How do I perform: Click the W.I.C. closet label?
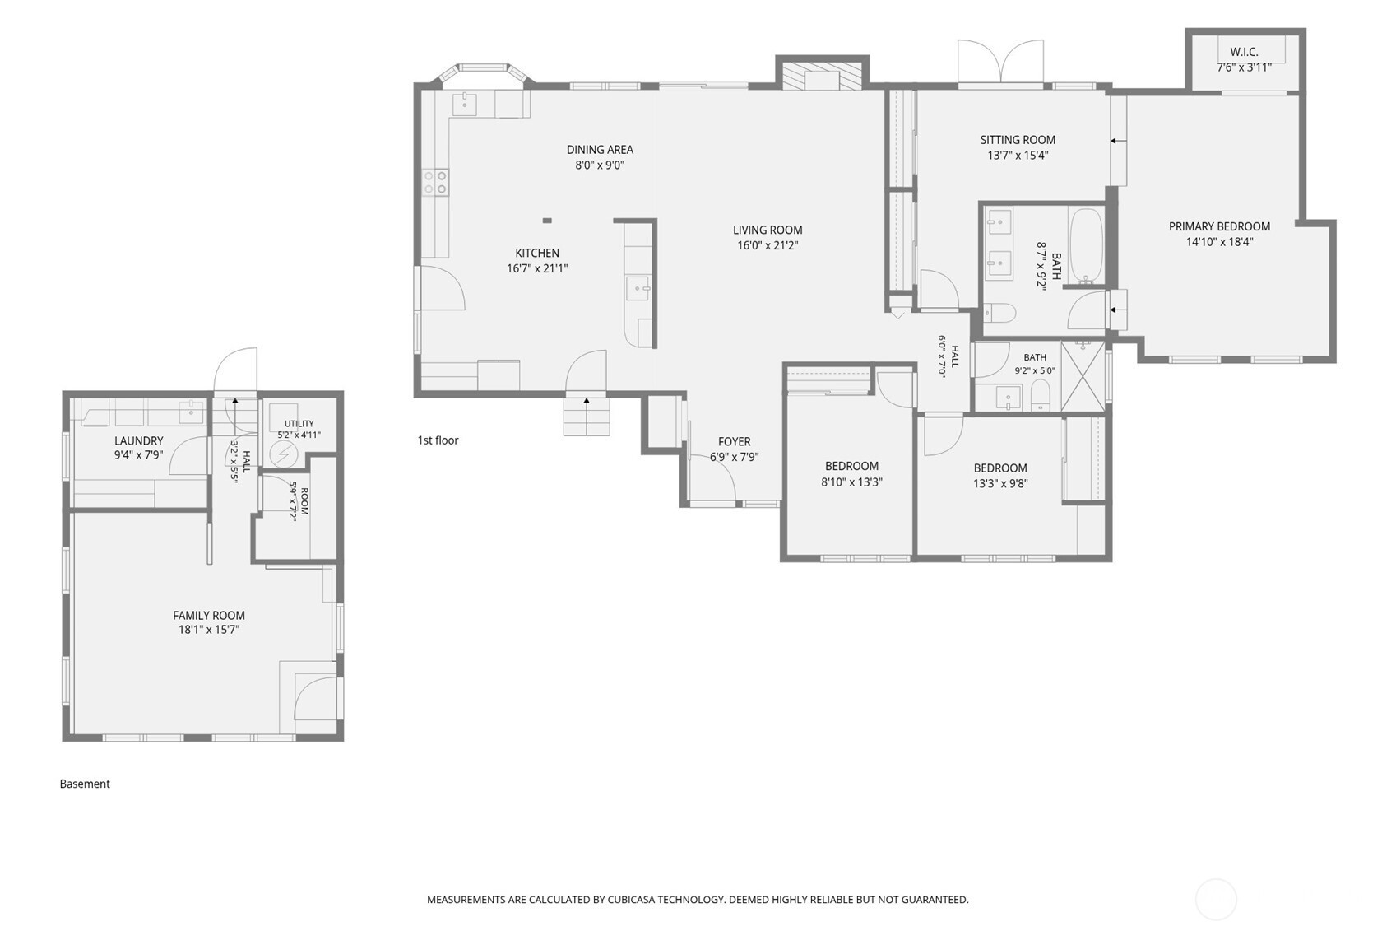1244,52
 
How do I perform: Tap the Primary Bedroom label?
1220,226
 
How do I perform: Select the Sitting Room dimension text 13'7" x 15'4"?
1018,156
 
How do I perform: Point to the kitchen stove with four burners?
436,182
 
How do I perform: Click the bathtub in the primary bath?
1086,246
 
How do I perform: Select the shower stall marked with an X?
1083,376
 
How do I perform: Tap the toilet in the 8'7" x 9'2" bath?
999,313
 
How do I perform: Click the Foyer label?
734,441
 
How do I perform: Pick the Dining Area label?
600,150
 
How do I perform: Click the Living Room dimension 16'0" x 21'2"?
768,245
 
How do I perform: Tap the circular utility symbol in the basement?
284,455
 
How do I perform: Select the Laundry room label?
138,441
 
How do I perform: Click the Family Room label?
209,616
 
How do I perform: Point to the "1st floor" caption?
438,440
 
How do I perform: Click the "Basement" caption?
85,784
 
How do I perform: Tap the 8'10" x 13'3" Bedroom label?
852,467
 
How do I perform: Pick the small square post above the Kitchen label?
547,220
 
